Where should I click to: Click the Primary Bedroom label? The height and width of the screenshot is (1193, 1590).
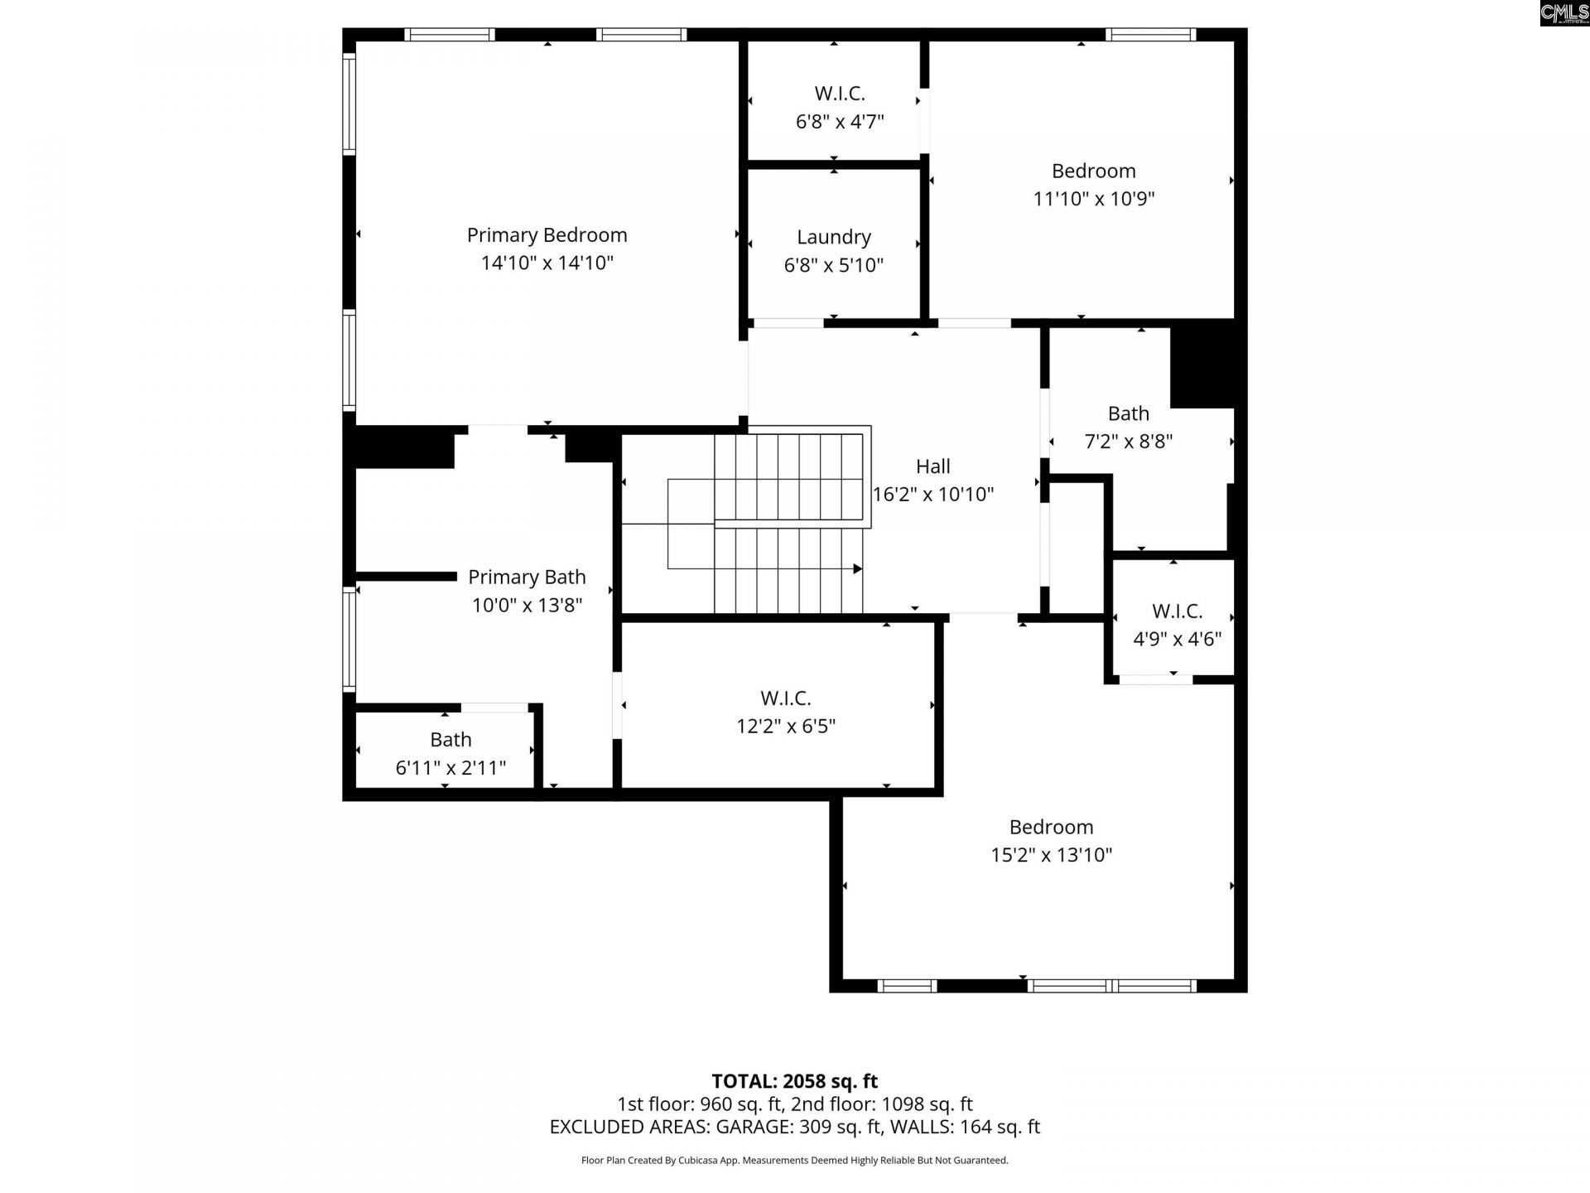(547, 235)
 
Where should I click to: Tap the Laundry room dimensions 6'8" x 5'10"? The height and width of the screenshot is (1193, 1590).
(833, 265)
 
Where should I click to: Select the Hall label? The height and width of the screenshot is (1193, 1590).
(932, 466)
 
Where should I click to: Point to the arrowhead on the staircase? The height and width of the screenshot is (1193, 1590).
(857, 568)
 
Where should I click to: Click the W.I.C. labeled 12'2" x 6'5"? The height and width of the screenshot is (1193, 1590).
(785, 712)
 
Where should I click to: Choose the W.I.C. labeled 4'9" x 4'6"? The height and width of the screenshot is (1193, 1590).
(1177, 625)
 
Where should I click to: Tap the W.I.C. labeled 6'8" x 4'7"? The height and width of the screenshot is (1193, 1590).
(839, 107)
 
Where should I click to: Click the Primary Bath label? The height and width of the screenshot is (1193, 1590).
(527, 577)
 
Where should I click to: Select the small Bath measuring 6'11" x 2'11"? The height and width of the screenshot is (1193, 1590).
(450, 753)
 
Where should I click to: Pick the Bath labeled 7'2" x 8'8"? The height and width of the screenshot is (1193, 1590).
(1128, 427)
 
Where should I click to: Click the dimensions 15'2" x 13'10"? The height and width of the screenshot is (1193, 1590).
(1051, 855)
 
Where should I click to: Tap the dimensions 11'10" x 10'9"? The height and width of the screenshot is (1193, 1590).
(1093, 199)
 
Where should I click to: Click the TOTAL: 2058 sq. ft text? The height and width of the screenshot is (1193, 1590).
(794, 1081)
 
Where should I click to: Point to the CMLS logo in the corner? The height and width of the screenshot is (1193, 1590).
(1563, 13)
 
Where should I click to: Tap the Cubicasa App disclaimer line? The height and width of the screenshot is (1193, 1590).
(794, 1161)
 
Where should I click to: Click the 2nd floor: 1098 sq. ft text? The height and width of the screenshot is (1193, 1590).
(881, 1104)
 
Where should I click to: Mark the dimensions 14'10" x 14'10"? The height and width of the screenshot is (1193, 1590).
(547, 263)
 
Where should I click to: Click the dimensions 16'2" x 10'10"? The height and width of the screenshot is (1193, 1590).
(932, 495)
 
